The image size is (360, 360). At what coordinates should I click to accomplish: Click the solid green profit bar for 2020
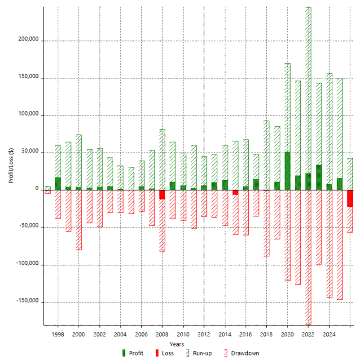pos(287,171)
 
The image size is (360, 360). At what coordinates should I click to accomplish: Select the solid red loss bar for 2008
pos(162,195)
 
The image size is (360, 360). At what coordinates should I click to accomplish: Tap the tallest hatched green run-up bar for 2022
pos(308,90)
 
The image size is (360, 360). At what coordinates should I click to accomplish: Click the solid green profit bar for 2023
pos(319,178)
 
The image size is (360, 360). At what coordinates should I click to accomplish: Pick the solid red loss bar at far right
pos(350,198)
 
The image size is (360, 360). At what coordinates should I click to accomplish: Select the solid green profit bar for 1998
pos(58,183)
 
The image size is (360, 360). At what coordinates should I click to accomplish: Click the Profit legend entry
pos(133,353)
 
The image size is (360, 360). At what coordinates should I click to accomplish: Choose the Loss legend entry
pos(165,353)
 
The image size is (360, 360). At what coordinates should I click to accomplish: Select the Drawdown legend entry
pos(240,353)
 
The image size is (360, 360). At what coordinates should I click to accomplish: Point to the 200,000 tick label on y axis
pos(28,41)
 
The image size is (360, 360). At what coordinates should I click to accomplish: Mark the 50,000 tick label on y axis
pos(30,153)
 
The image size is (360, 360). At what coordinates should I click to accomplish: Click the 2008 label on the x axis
pos(162,335)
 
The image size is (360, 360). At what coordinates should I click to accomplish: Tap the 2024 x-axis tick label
pos(329,335)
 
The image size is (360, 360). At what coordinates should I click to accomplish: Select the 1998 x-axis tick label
pos(58,335)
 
